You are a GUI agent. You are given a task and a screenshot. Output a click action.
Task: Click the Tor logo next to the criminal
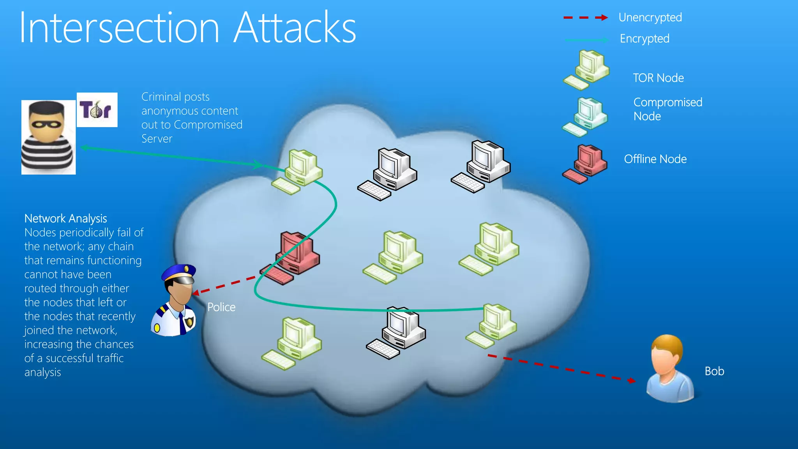click(97, 110)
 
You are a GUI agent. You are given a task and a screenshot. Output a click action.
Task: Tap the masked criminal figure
click(48, 137)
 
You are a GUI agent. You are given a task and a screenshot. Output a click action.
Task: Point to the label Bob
click(714, 371)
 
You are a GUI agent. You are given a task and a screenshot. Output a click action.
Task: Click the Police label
click(221, 307)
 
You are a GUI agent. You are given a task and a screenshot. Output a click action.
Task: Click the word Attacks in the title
click(295, 28)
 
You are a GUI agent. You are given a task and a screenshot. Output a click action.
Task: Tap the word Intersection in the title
click(119, 28)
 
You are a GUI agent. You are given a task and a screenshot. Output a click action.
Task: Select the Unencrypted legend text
click(650, 18)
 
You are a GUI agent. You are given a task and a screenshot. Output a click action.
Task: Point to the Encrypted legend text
click(644, 39)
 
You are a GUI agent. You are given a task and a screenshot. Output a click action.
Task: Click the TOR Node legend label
click(658, 78)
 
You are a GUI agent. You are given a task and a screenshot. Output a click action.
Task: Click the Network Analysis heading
click(65, 219)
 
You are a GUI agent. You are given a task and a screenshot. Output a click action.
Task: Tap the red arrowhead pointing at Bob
click(632, 380)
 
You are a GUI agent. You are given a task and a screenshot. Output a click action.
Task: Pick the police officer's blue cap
click(179, 272)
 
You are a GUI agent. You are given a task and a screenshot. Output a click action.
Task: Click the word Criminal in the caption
click(161, 97)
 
